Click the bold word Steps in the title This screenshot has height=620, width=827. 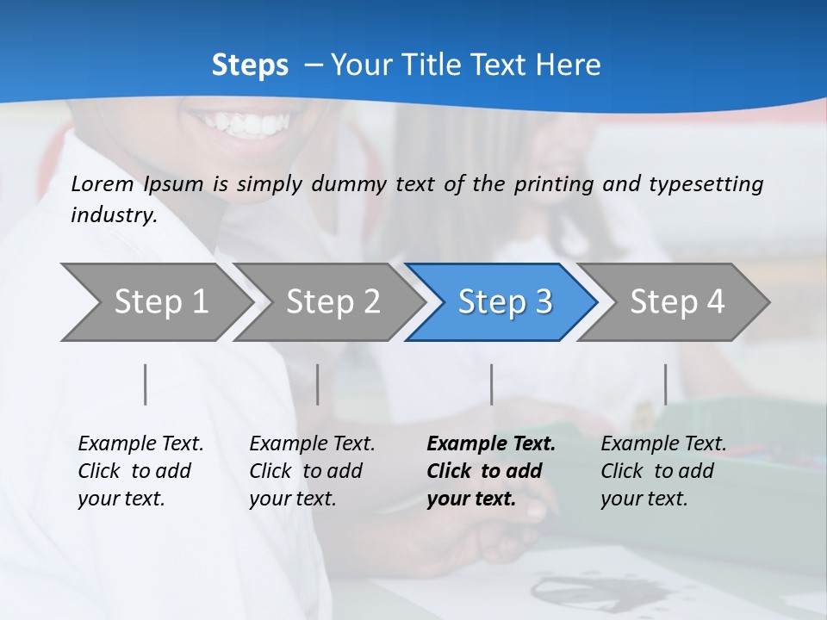[250, 65]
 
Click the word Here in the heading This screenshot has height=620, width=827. [568, 65]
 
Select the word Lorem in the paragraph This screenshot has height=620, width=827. [103, 184]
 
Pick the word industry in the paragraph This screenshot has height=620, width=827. [114, 214]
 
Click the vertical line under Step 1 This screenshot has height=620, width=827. [146, 384]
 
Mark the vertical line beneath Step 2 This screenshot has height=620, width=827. [318, 384]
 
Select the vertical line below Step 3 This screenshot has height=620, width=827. [491, 384]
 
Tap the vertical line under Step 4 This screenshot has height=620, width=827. [665, 384]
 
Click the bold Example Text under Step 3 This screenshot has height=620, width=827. [491, 444]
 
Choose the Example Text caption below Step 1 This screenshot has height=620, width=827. [140, 444]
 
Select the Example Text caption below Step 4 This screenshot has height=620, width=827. [663, 444]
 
